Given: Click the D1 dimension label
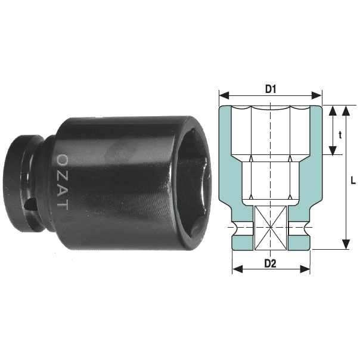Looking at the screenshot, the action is [271, 89].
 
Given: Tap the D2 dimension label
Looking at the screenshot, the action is [270, 263].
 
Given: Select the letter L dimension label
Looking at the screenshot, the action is [353, 181].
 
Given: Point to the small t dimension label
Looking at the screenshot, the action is [340, 135].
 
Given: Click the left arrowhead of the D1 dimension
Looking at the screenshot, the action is [224, 95].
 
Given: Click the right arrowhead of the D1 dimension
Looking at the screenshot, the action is [316, 95].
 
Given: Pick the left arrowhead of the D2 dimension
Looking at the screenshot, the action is [237, 269].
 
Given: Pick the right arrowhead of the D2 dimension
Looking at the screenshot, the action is [305, 269].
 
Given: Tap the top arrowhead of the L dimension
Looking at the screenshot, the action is [346, 110].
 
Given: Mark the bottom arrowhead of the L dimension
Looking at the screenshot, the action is [346, 244].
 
